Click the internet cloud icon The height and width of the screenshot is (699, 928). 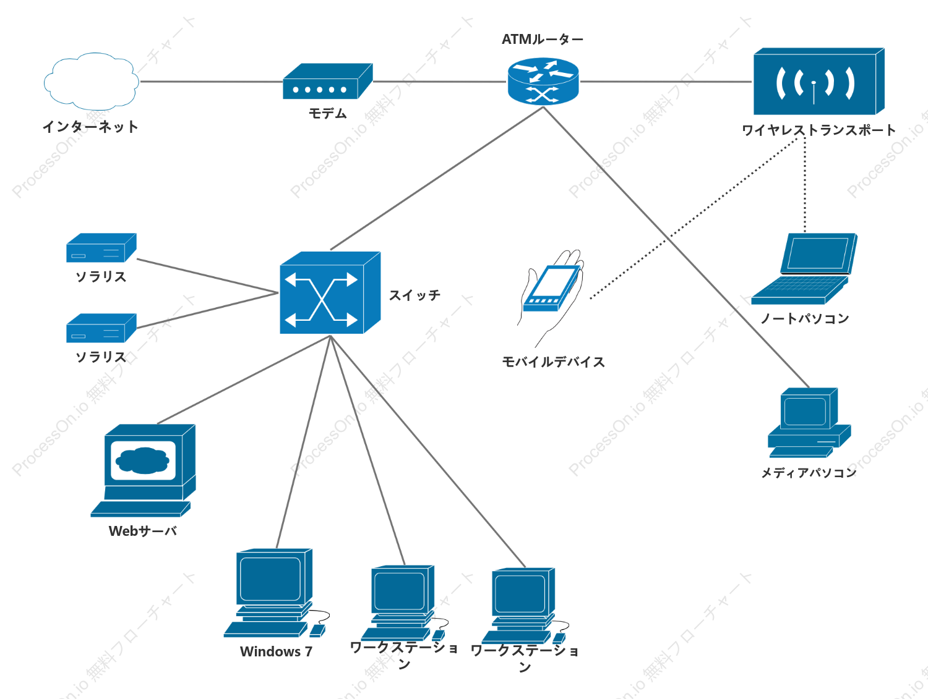pyautogui.click(x=92, y=81)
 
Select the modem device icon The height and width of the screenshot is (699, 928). pyautogui.click(x=328, y=81)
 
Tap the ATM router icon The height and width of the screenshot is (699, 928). pyautogui.click(x=543, y=81)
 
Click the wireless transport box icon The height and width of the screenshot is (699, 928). pyautogui.click(x=819, y=81)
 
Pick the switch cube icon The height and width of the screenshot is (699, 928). pyautogui.click(x=330, y=293)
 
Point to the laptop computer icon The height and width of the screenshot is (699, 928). pyautogui.click(x=804, y=269)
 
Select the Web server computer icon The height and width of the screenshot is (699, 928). pyautogui.click(x=143, y=470)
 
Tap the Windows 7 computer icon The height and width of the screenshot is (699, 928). pyautogui.click(x=277, y=593)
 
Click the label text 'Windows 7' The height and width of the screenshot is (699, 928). pyautogui.click(x=276, y=651)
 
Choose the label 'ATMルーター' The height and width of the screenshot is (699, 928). pyautogui.click(x=543, y=40)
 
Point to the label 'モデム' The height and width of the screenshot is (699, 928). pyautogui.click(x=328, y=113)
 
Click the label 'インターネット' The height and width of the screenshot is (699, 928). pyautogui.click(x=90, y=126)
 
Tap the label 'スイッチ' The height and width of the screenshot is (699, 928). pyautogui.click(x=415, y=295)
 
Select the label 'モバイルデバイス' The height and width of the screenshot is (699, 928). pyautogui.click(x=553, y=362)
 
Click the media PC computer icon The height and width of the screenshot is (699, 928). pyautogui.click(x=809, y=422)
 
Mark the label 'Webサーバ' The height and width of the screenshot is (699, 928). pyautogui.click(x=142, y=531)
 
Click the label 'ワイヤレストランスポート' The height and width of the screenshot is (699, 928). pyautogui.click(x=818, y=130)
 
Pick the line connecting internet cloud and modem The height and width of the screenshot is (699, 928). pyautogui.click(x=212, y=81)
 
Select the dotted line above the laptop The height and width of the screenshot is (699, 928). pyautogui.click(x=804, y=185)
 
